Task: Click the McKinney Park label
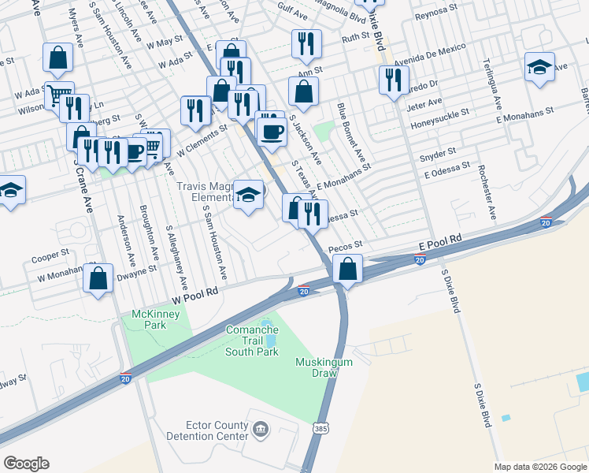click(x=156, y=319)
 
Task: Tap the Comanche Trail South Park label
click(x=252, y=341)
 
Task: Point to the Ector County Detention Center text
click(x=206, y=429)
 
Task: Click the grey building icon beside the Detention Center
click(x=261, y=430)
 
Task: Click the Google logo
click(x=27, y=464)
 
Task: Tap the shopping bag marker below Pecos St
click(x=347, y=270)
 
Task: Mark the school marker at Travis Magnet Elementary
click(x=248, y=195)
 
